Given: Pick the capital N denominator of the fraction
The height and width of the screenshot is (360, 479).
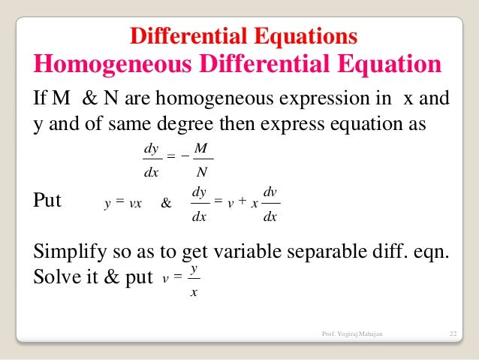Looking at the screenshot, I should click(200, 177).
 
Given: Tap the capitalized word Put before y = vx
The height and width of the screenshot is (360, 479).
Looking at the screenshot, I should click(49, 201).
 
